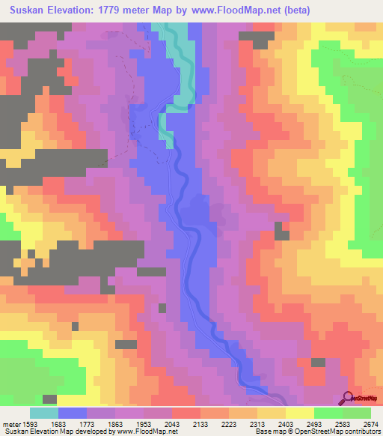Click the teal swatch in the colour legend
(x=44, y=413)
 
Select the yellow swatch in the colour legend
(x=300, y=413)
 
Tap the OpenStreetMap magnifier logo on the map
(x=348, y=398)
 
